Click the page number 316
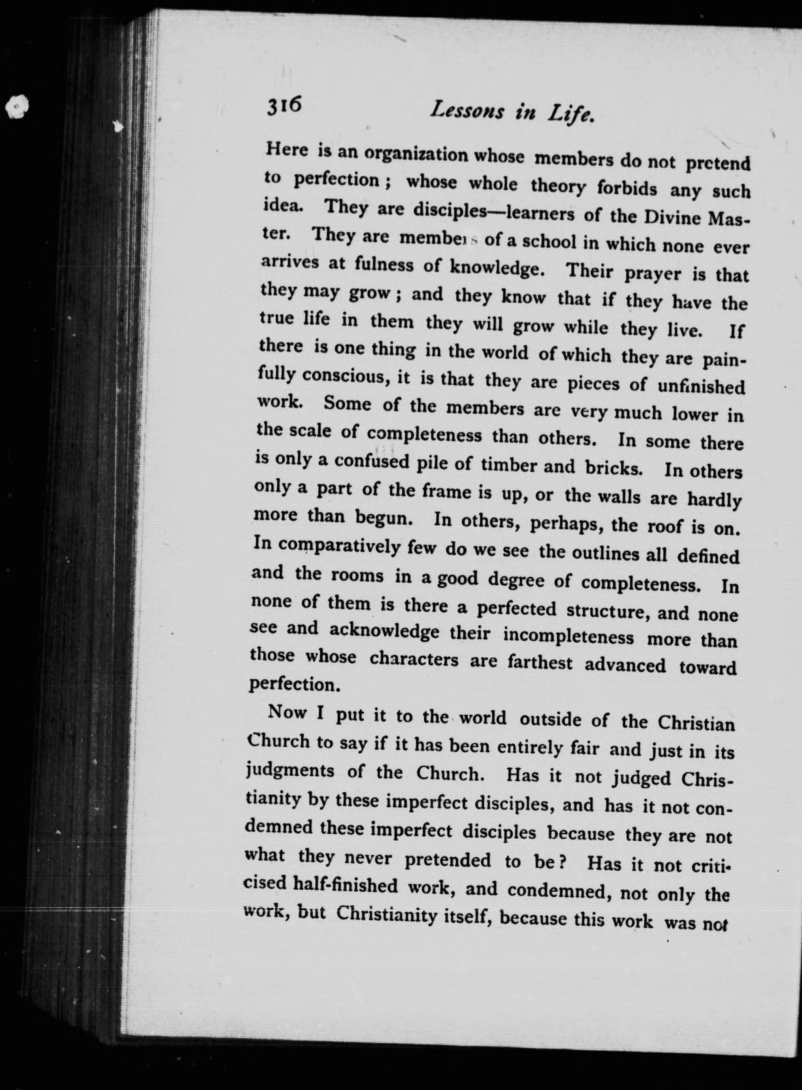(x=284, y=105)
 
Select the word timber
(x=508, y=465)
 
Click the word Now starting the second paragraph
(x=287, y=712)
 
